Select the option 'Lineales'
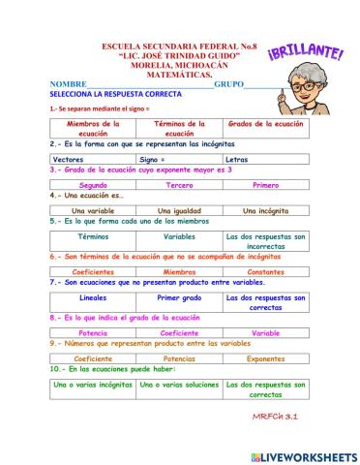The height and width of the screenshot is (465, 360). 93,298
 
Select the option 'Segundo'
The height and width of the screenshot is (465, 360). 93,184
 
